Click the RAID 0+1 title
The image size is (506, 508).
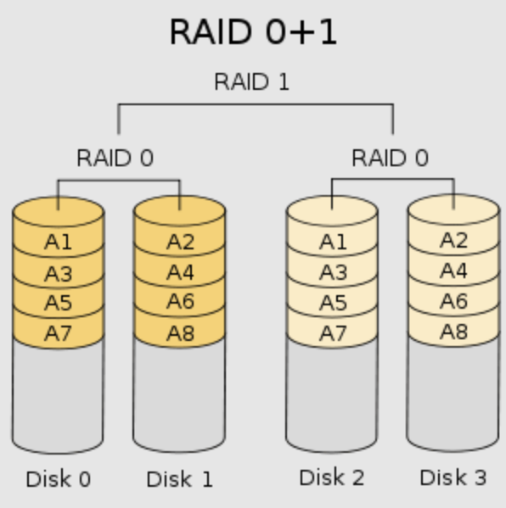(x=253, y=33)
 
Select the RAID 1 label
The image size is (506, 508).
(x=251, y=82)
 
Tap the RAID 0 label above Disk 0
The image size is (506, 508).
(x=115, y=159)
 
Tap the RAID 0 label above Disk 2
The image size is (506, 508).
(x=390, y=159)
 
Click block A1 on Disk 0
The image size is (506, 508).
(x=59, y=243)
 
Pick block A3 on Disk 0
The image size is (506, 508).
(x=59, y=273)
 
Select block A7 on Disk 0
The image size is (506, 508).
(x=59, y=332)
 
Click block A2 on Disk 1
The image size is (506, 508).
(x=180, y=243)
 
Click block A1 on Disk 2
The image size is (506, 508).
(x=333, y=243)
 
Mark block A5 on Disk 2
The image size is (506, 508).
(x=333, y=303)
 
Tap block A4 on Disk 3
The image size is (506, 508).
(x=453, y=271)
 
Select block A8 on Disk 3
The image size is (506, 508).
(x=453, y=332)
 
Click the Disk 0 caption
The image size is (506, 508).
(x=58, y=479)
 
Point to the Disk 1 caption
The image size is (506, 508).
(x=179, y=479)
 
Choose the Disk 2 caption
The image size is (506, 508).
(x=331, y=477)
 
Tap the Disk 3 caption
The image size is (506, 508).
(x=453, y=477)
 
